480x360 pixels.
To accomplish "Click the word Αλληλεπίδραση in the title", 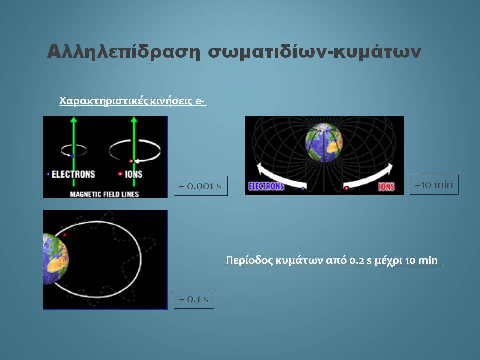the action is (x=123, y=52).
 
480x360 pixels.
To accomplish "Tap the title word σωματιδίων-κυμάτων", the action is (x=314, y=52).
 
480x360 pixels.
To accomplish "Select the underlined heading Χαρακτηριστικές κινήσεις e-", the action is (x=133, y=101).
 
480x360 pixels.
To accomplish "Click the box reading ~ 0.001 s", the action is (x=201, y=186).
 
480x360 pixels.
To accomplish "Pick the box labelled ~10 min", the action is (x=434, y=185).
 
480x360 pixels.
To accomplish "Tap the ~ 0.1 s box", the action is (x=194, y=299).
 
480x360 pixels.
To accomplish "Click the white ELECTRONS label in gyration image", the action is (x=73, y=174).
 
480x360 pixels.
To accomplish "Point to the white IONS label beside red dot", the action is (x=134, y=174).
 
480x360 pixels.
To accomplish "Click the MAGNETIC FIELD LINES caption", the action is (x=104, y=194).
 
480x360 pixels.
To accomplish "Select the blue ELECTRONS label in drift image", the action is (x=266, y=186).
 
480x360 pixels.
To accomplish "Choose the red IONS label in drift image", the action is (x=386, y=186).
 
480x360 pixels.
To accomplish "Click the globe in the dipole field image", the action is (x=324, y=142).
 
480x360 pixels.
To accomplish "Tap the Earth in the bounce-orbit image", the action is (x=56, y=259).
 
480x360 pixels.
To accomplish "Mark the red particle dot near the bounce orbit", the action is (x=65, y=235).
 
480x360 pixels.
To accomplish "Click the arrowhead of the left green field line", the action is (x=73, y=119).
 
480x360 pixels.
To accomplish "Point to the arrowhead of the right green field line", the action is (x=134, y=119).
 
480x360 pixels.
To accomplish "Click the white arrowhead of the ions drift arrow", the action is (x=389, y=168).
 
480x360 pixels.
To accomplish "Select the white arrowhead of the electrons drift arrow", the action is (x=260, y=168).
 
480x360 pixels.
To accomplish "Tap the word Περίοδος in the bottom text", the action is (x=249, y=260).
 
